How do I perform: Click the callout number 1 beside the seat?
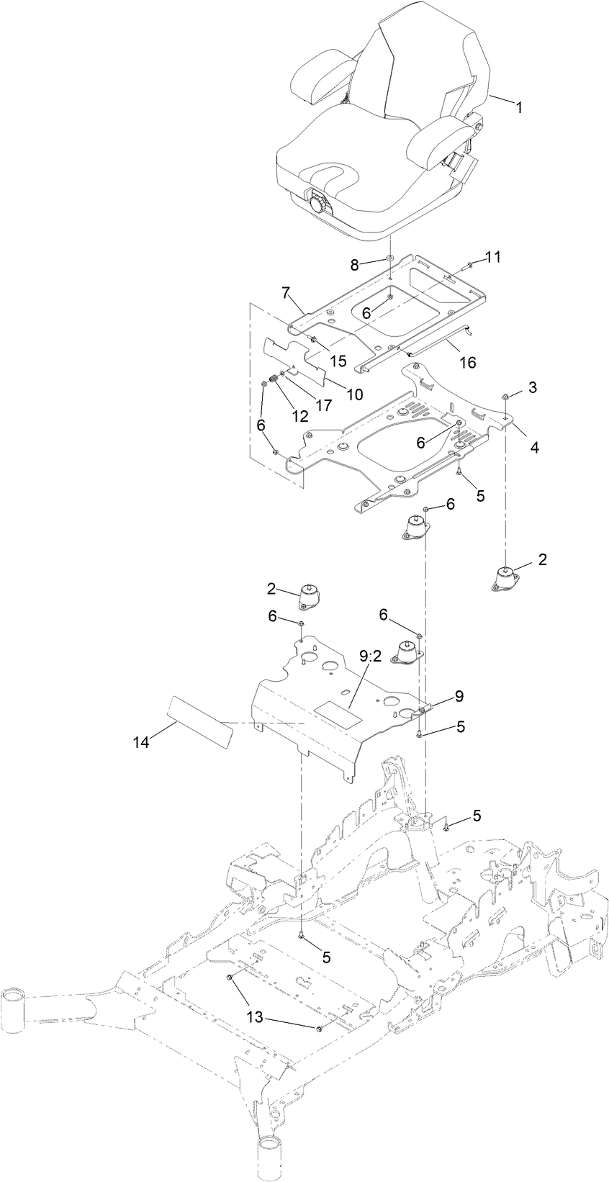[518, 107]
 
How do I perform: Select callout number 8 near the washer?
[354, 264]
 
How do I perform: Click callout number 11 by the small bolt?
[492, 257]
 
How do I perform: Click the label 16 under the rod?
[467, 362]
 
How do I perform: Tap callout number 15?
[338, 358]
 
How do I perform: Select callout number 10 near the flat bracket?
[355, 394]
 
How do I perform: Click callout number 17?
[324, 405]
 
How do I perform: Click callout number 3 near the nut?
[532, 387]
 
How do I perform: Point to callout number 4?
[534, 447]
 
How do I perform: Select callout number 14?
[142, 742]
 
